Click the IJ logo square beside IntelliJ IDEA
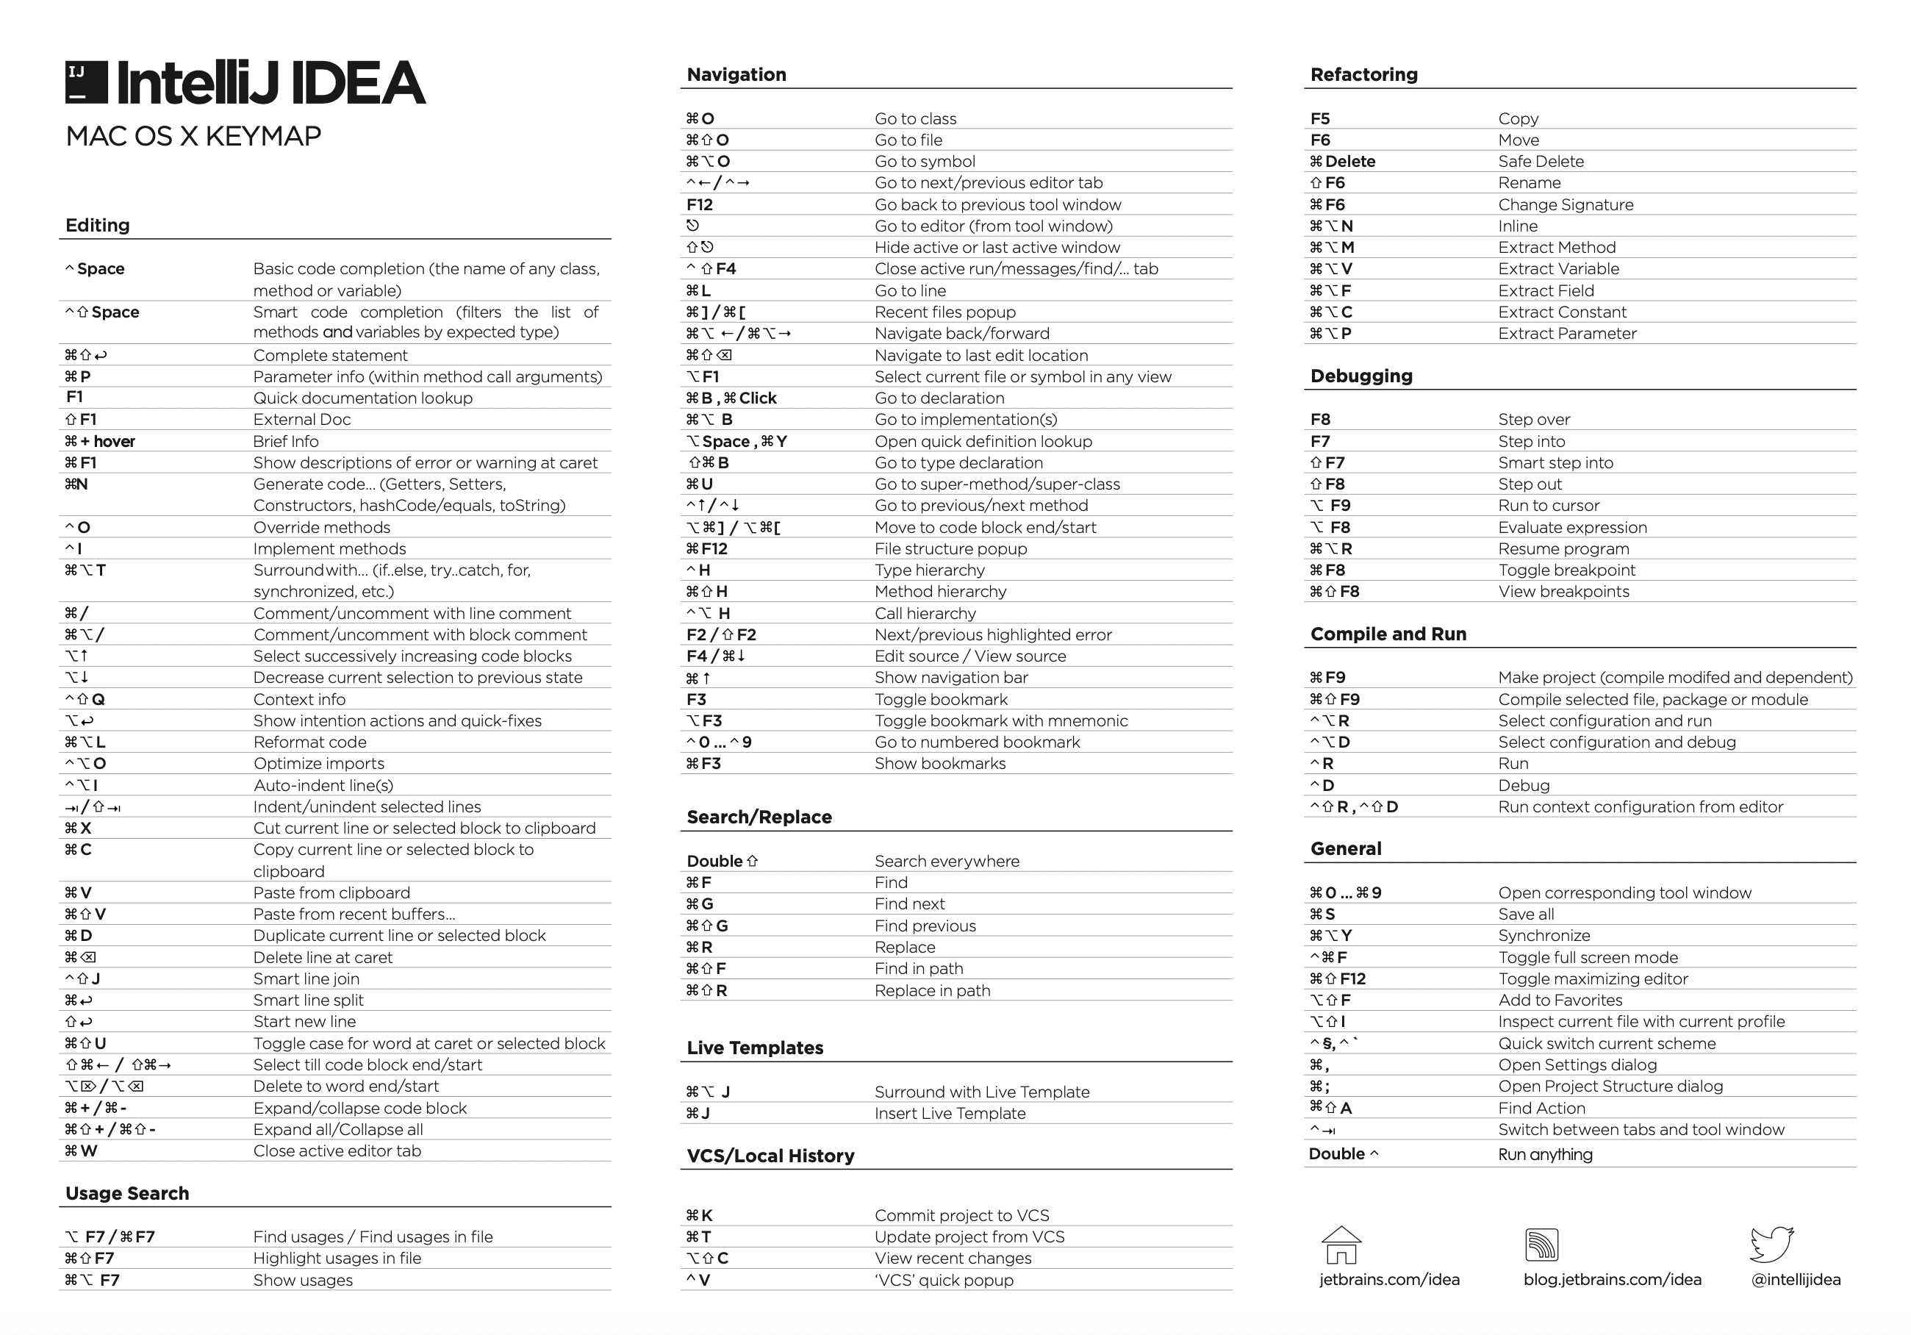pos(87,82)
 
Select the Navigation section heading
pos(736,75)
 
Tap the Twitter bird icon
pos(1772,1245)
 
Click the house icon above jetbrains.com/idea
pos(1341,1245)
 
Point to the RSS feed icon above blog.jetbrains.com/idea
pos(1541,1245)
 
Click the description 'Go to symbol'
pos(924,162)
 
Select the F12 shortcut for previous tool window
pos(700,205)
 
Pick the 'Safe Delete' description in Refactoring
pos(1541,162)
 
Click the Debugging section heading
pos(1360,376)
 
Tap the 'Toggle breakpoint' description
pos(1566,570)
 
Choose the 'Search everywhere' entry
pos(947,862)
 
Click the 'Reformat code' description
pos(309,742)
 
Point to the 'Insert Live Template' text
pos(950,1114)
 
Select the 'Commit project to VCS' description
pos(961,1216)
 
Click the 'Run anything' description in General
pos(1545,1154)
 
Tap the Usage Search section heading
pos(127,1194)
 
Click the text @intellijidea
pos(1796,1280)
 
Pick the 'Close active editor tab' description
pos(337,1151)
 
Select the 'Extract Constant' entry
pos(1561,312)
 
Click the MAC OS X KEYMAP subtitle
pos(193,137)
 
